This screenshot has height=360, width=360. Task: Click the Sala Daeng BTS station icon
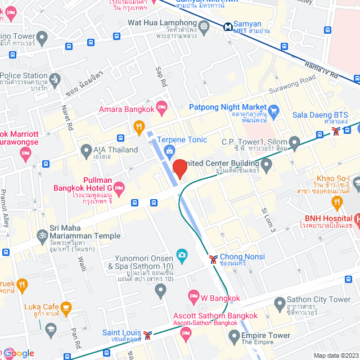[335, 131]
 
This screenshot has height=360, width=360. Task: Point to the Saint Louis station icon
[147, 335]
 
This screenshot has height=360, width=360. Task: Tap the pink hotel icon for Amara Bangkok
[162, 106]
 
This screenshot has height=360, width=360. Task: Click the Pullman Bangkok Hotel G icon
[120, 186]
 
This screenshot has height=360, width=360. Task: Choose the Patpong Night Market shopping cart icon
[274, 110]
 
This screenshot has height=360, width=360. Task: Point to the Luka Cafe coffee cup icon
[66, 307]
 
